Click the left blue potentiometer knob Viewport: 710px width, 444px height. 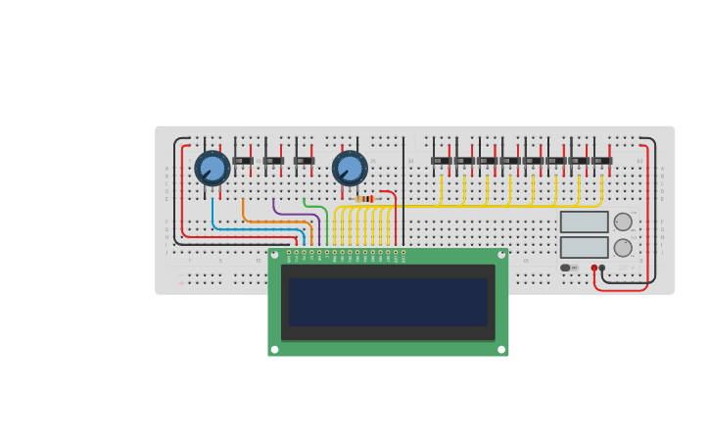pyautogui.click(x=213, y=168)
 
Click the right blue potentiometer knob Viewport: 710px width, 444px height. pyautogui.click(x=350, y=168)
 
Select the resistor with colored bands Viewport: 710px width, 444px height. pyautogui.click(x=364, y=199)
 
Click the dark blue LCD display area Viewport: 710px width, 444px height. pyautogui.click(x=388, y=302)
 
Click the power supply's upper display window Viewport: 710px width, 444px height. pyautogui.click(x=584, y=222)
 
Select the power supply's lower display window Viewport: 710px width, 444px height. pyautogui.click(x=584, y=247)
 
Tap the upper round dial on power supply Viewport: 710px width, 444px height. pyautogui.click(x=623, y=222)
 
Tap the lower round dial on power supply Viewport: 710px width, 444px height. pyautogui.click(x=623, y=247)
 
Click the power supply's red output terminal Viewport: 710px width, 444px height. pyautogui.click(x=594, y=268)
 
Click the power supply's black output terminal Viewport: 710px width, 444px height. pyautogui.click(x=602, y=268)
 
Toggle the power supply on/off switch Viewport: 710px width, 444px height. pyautogui.click(x=568, y=268)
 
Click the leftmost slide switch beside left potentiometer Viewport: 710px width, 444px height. pyautogui.click(x=243, y=161)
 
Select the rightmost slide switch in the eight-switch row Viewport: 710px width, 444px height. pyautogui.click(x=601, y=161)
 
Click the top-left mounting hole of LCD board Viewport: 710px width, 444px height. pyautogui.click(x=274, y=255)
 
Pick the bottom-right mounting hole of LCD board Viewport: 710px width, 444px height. pyautogui.click(x=501, y=349)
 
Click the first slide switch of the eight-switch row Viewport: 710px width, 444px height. pyautogui.click(x=440, y=161)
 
